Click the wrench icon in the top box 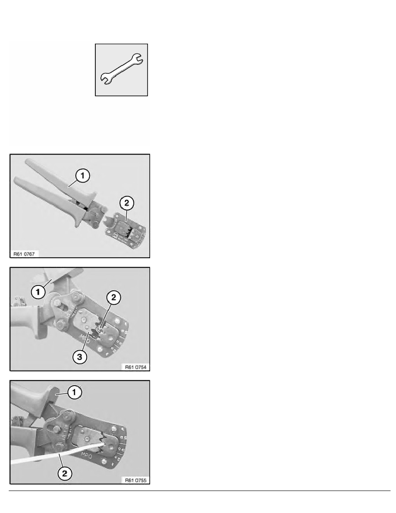[x=121, y=70]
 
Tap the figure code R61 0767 [x=26, y=254]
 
